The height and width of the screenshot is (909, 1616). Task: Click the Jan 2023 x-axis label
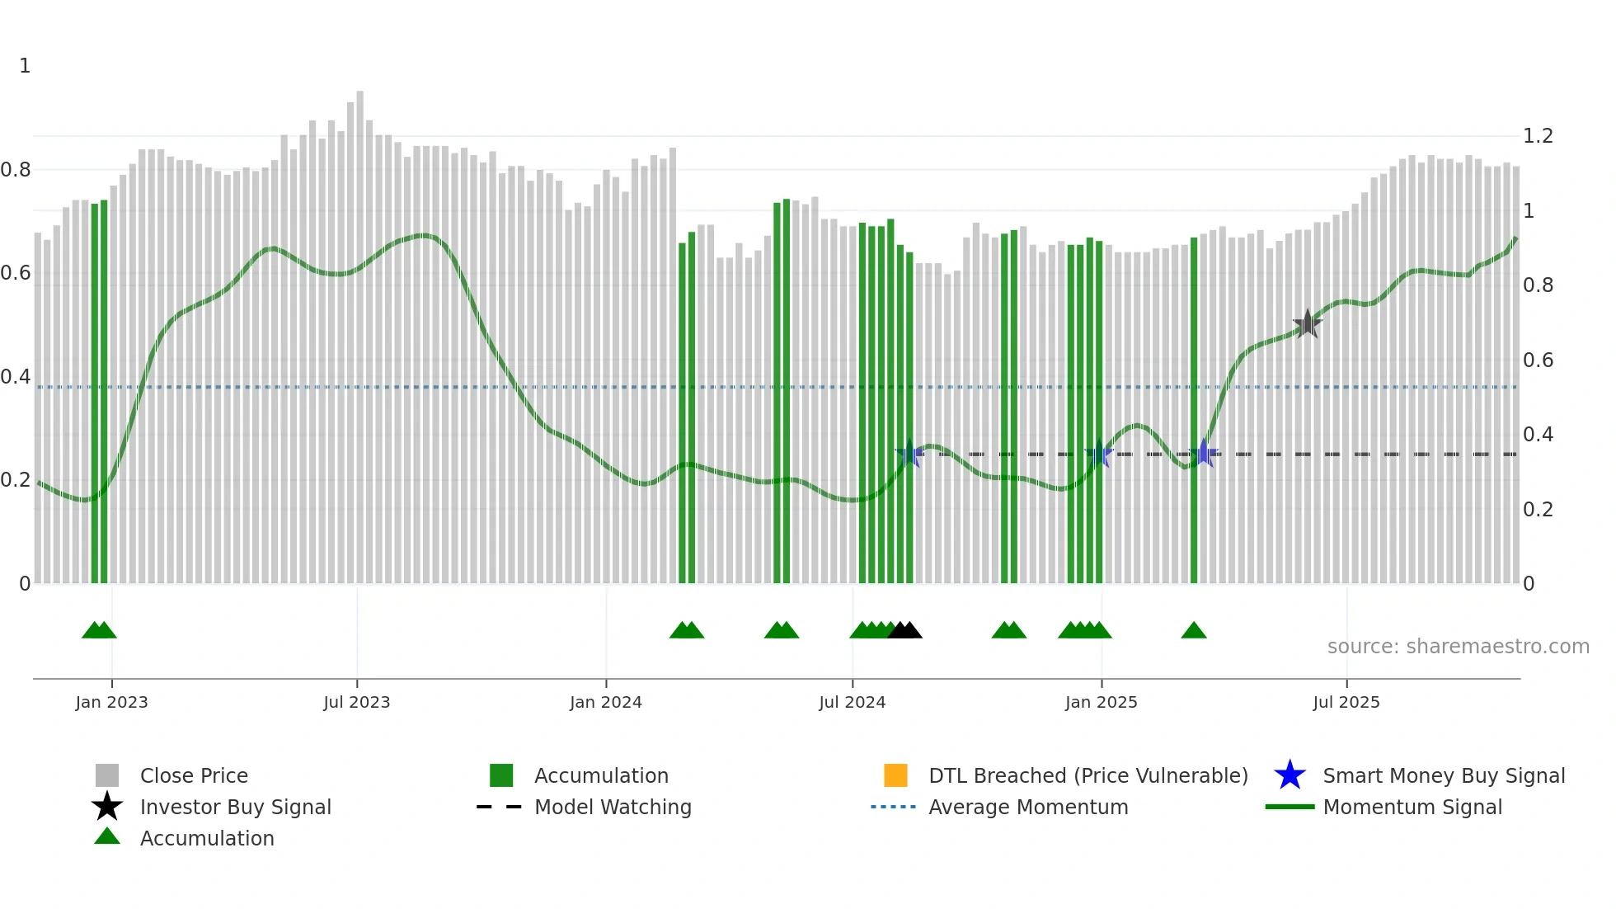[x=111, y=702]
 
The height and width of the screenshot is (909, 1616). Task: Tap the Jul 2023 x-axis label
[x=356, y=702]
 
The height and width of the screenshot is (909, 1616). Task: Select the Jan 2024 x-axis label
[x=605, y=702]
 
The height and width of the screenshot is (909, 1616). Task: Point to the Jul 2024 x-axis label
[x=852, y=702]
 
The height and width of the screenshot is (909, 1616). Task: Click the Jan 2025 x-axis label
[x=1101, y=702]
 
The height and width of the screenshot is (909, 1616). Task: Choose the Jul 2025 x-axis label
[x=1346, y=702]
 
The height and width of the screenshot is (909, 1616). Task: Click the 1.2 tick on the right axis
[x=1538, y=136]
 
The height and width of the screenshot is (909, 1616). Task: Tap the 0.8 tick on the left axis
[x=16, y=170]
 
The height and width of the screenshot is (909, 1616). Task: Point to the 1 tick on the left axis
[x=25, y=66]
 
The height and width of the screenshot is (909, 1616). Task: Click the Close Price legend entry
[x=194, y=775]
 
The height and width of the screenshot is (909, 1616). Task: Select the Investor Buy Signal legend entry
[x=235, y=807]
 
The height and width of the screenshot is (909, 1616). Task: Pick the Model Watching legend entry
[x=613, y=807]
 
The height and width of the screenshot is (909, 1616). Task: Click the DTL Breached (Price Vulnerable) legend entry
[x=1088, y=775]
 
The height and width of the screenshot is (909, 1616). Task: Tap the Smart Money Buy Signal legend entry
[x=1443, y=775]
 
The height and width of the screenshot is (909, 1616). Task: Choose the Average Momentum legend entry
[x=1028, y=807]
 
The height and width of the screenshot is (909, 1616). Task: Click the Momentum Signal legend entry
[x=1412, y=807]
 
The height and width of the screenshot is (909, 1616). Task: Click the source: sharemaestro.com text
[x=1458, y=647]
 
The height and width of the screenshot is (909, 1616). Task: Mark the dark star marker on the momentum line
[x=1307, y=324]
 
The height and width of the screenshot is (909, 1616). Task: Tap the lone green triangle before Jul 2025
[x=1193, y=631]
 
